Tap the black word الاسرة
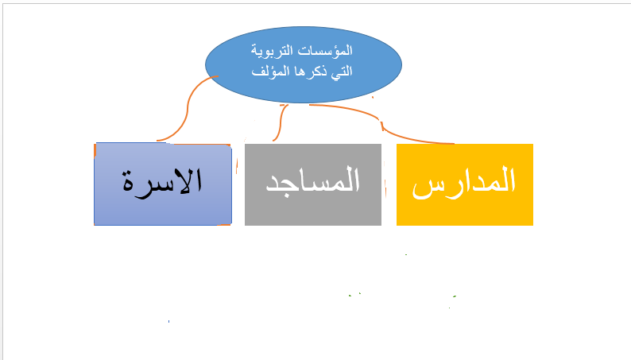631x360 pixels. (163, 181)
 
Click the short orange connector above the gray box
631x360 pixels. (281, 123)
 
